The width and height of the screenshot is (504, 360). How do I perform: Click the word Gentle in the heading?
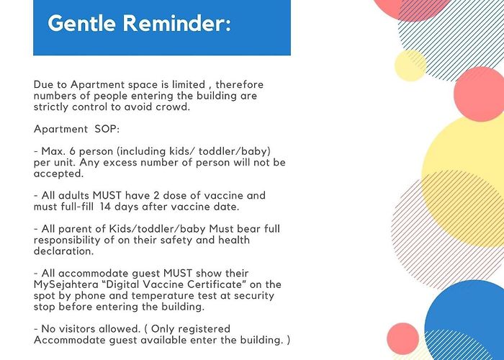point(81,23)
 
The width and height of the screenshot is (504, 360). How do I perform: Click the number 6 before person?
point(72,151)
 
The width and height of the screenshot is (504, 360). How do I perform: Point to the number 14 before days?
point(105,207)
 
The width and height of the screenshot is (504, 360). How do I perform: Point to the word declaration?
point(63,251)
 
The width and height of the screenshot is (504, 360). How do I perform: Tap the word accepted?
point(58,174)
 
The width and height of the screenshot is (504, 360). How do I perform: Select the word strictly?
point(51,107)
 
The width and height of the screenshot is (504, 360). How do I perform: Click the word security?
point(254,296)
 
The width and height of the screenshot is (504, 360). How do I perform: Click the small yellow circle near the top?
point(410,66)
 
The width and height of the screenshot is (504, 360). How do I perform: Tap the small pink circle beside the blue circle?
point(402,339)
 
